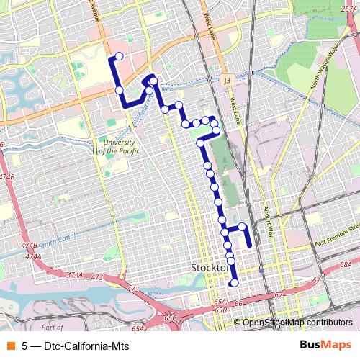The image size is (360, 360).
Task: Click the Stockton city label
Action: (x=210, y=268)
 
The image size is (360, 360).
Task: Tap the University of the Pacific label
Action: (x=116, y=147)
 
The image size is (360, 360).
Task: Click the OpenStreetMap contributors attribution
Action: (x=297, y=323)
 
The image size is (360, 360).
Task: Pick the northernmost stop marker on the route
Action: (x=119, y=56)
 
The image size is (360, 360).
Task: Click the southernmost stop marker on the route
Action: (x=233, y=282)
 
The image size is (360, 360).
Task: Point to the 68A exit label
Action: (x=346, y=265)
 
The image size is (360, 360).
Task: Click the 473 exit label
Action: (x=132, y=289)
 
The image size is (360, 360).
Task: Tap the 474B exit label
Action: (x=7, y=176)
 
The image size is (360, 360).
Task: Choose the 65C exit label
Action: (x=169, y=317)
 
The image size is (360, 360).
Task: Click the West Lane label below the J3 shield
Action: (x=235, y=107)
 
